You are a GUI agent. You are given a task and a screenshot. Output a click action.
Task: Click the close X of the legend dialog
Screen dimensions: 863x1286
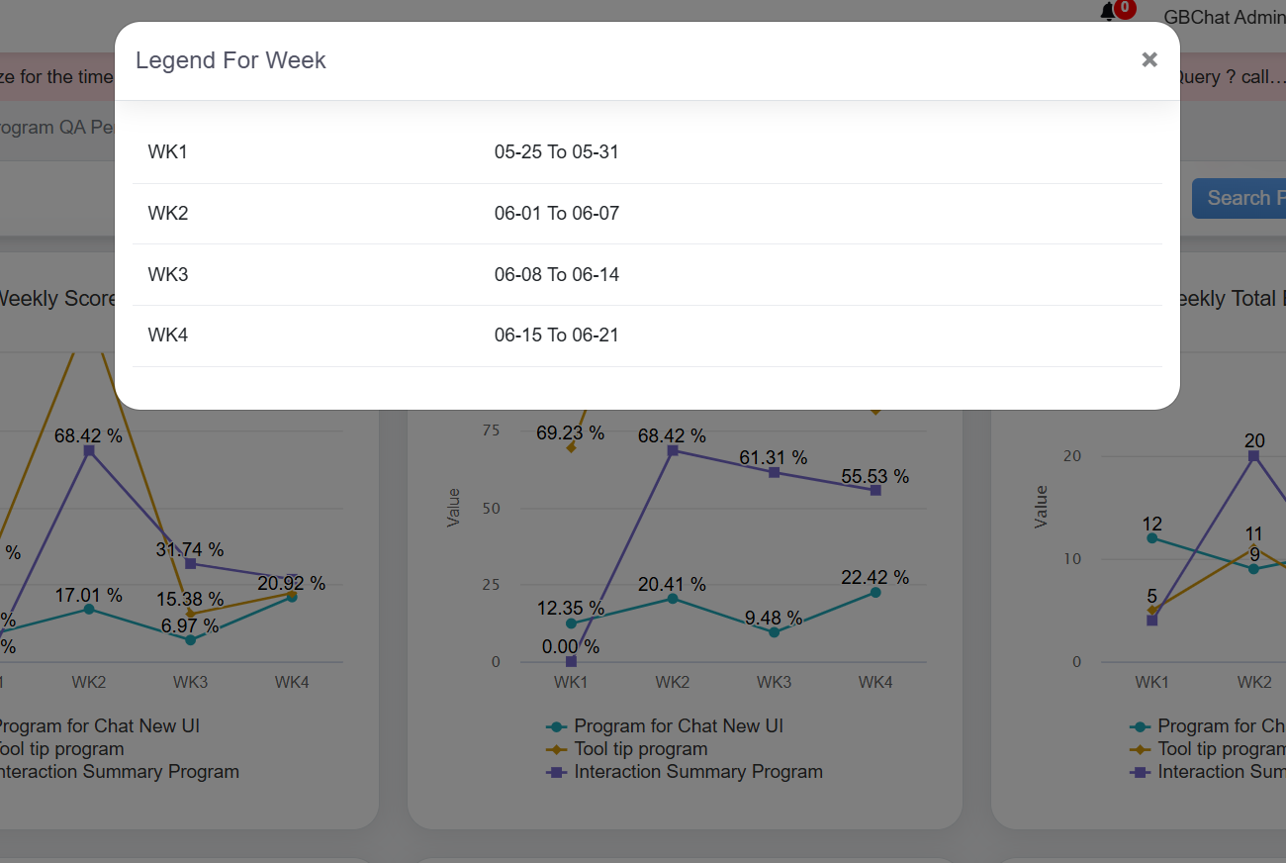coord(1148,60)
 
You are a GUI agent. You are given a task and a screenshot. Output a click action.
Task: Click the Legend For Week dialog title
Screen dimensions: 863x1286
coord(230,60)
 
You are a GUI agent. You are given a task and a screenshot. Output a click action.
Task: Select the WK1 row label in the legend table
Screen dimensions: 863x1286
coord(168,152)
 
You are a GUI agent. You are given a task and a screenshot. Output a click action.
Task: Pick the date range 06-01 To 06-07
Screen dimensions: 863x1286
coord(556,214)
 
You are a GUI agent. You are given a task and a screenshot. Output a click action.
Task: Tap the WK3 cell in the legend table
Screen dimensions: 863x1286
coord(168,274)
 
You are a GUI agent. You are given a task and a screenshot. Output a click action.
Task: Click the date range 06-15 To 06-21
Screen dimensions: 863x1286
coord(556,336)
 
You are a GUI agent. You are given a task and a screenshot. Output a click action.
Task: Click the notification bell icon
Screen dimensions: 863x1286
coord(1108,13)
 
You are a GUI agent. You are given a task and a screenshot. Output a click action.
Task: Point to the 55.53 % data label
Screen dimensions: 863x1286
coord(874,476)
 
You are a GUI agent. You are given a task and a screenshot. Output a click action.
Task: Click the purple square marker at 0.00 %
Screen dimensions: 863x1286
coord(571,661)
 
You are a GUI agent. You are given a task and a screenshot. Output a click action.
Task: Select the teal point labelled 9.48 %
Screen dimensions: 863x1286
coord(774,631)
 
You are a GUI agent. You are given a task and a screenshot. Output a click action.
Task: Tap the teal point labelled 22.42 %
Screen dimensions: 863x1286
coord(875,593)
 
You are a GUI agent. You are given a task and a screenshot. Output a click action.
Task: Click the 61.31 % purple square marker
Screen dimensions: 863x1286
coord(774,472)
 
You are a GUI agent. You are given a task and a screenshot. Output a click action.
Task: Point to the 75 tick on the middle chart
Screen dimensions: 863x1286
coord(491,431)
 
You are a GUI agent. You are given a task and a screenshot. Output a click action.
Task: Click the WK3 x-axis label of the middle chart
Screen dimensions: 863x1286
coord(774,682)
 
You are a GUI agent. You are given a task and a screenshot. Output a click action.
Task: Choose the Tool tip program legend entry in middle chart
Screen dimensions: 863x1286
coord(640,749)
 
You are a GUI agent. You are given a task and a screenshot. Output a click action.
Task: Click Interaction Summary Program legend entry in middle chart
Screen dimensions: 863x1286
coord(697,772)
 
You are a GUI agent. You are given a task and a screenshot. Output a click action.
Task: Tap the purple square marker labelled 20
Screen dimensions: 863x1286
coord(1253,456)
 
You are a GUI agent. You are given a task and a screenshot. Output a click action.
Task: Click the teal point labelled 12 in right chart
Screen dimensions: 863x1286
coord(1151,538)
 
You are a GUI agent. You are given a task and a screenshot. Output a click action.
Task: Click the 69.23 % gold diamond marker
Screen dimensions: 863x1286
coord(571,447)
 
